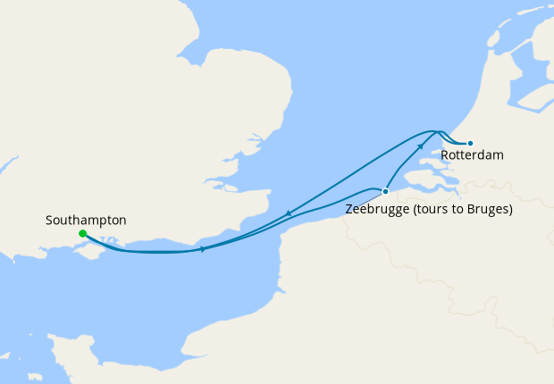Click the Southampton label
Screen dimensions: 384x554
[86, 220]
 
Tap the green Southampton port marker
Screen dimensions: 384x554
[82, 234]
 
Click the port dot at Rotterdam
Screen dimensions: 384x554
[470, 143]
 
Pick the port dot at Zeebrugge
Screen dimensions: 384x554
[385, 191]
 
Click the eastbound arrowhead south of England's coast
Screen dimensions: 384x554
[204, 248]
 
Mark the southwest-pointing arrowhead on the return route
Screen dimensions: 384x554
[289, 213]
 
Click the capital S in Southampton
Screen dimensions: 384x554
[49, 220]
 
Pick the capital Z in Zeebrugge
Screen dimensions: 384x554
[348, 211]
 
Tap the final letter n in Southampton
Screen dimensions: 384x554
[122, 220]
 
